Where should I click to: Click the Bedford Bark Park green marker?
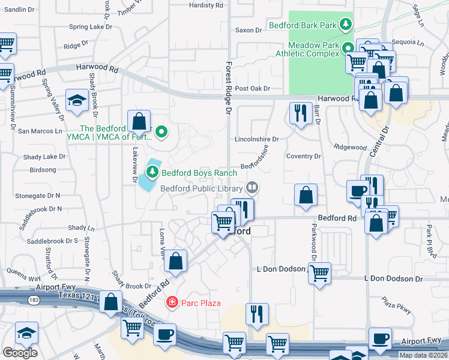(x=345, y=25)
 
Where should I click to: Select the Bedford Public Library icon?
(x=253, y=188)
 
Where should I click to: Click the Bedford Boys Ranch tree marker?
(x=152, y=173)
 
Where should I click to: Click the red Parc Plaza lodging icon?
(x=172, y=302)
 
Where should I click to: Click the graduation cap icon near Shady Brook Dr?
(x=77, y=101)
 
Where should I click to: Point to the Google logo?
(x=20, y=353)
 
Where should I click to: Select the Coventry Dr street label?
(x=303, y=156)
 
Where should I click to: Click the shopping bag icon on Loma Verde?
(x=176, y=260)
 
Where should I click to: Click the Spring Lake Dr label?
(x=86, y=26)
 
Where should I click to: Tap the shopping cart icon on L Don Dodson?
(x=319, y=272)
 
